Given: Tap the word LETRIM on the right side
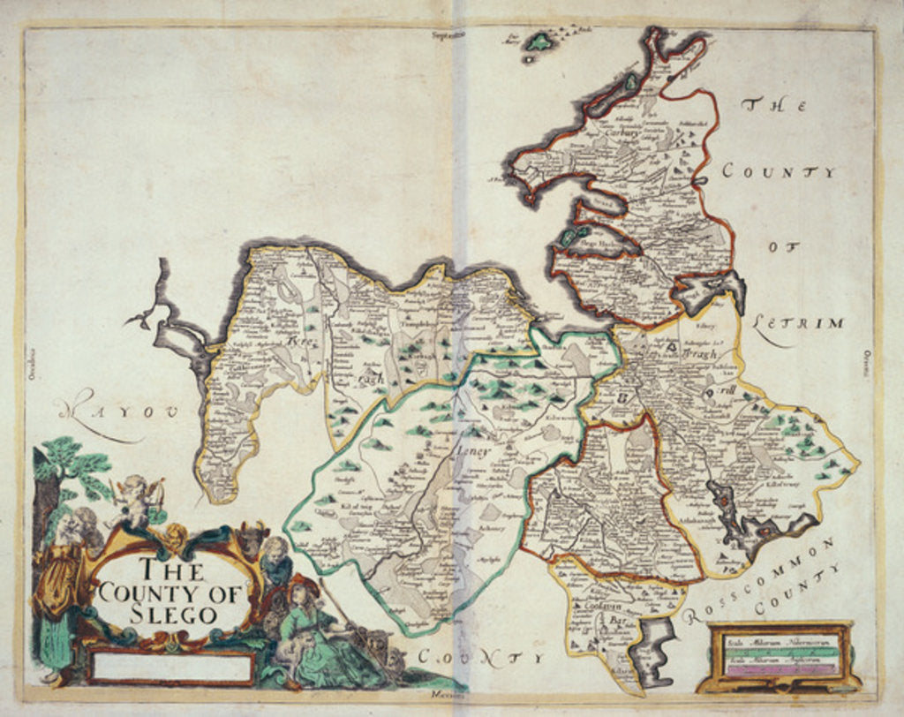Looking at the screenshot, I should click(800, 324).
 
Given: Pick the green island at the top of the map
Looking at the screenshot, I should click(539, 42).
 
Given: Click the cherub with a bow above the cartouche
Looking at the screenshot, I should click(137, 500).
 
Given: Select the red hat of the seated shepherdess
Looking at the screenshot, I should click(305, 584).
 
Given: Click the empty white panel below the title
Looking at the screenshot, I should click(172, 667).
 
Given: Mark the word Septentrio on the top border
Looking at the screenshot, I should click(448, 36).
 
